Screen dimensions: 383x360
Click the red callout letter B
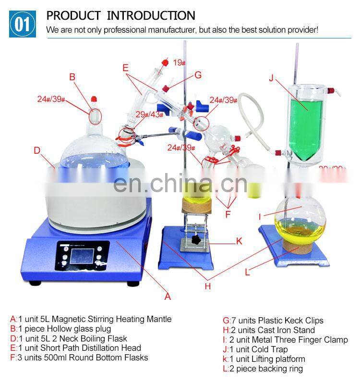[x=72, y=76]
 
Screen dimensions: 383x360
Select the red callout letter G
[x=198, y=75]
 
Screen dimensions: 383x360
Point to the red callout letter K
[x=239, y=241]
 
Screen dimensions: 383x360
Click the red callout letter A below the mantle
[x=168, y=297]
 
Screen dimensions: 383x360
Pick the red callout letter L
[x=247, y=272]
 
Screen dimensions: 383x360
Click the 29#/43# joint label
[x=148, y=114]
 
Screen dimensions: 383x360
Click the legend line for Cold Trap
[x=255, y=349]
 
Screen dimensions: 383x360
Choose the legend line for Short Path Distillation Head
[x=75, y=348]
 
